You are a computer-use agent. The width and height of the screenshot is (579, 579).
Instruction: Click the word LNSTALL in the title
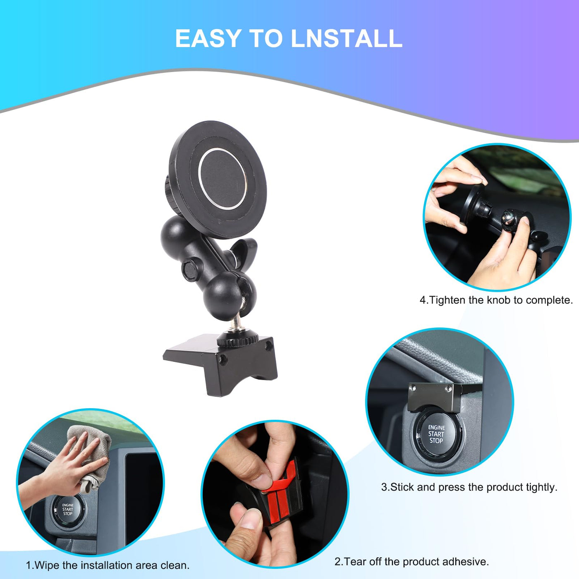(x=347, y=38)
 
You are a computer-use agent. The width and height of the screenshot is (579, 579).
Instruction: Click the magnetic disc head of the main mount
(x=218, y=179)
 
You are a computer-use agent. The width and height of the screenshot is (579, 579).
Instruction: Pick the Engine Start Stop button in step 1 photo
(x=68, y=510)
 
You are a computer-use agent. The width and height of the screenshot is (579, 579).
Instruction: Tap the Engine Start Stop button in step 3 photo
(x=436, y=434)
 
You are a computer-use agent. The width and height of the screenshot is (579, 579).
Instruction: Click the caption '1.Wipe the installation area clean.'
(x=108, y=565)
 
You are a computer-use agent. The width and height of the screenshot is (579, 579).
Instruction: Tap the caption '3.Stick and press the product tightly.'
(x=469, y=487)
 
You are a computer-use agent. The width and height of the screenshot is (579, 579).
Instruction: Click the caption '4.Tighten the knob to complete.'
(x=496, y=300)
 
